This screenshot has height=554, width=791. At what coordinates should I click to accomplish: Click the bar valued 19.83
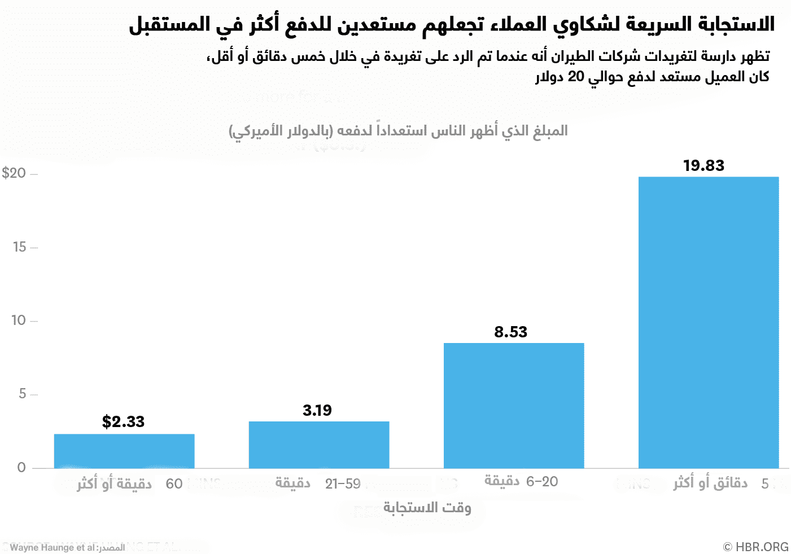pyautogui.click(x=709, y=322)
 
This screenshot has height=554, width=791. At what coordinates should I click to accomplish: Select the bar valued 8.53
pyautogui.click(x=514, y=405)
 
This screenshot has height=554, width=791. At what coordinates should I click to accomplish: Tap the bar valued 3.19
pyautogui.click(x=319, y=445)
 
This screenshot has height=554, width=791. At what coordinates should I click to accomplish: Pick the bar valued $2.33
pyautogui.click(x=124, y=451)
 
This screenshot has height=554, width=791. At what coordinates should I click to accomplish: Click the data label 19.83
pyautogui.click(x=703, y=165)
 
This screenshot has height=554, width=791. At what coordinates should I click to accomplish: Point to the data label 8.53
pyautogui.click(x=510, y=332)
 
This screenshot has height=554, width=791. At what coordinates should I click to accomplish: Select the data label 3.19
pyautogui.click(x=317, y=410)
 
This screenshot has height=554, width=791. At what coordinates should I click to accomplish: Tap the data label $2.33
pyautogui.click(x=123, y=421)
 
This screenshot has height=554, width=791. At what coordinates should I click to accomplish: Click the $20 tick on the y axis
pyautogui.click(x=14, y=173)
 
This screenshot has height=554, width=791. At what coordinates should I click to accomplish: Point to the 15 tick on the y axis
pyautogui.click(x=20, y=247)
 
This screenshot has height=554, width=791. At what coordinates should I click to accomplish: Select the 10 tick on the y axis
pyautogui.click(x=19, y=320)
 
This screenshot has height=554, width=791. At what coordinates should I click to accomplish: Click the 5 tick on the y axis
pyautogui.click(x=23, y=394)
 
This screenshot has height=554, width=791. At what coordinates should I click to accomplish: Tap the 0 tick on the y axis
pyautogui.click(x=21, y=467)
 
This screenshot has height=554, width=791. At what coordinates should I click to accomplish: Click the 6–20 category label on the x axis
pyautogui.click(x=542, y=482)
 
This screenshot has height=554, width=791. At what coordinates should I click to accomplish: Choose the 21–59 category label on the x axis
pyautogui.click(x=343, y=484)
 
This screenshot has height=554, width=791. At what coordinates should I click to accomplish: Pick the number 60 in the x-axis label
pyautogui.click(x=174, y=484)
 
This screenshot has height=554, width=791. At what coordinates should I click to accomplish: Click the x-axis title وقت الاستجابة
pyautogui.click(x=427, y=508)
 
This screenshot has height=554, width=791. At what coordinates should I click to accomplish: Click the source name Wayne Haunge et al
pyautogui.click(x=53, y=547)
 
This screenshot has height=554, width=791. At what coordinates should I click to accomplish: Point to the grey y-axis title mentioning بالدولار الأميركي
pyautogui.click(x=398, y=131)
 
